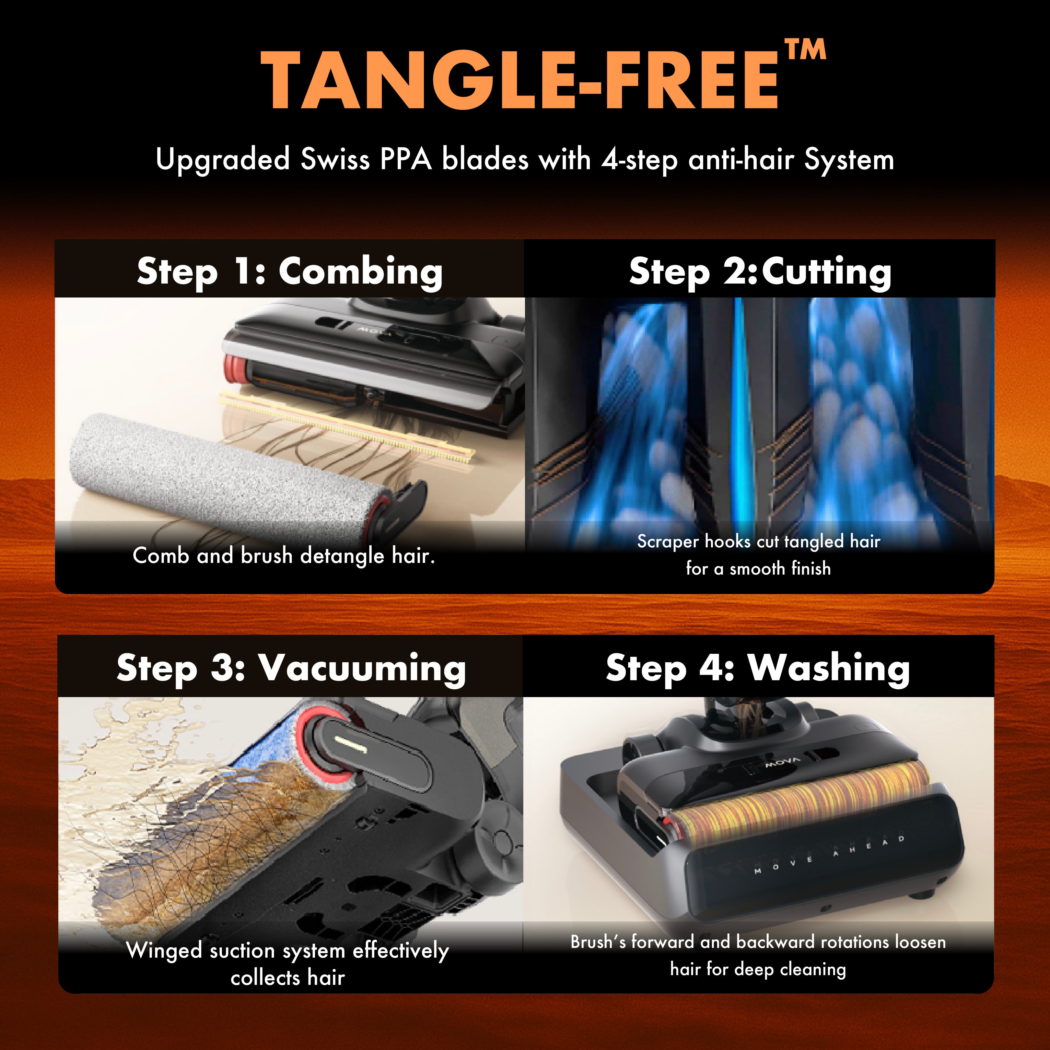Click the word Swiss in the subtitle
[x=335, y=160]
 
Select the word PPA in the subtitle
[x=405, y=160]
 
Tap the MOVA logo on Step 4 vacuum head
[x=783, y=762]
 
